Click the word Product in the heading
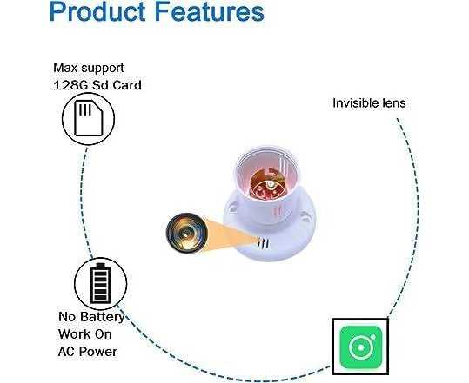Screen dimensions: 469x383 tap(97, 12)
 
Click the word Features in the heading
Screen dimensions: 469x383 tap(210, 11)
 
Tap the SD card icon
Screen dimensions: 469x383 tap(89, 118)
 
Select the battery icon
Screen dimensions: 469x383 tap(101, 284)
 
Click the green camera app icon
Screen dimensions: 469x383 tap(361, 347)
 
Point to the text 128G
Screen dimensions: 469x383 tap(70, 85)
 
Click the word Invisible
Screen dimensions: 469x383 tap(352, 103)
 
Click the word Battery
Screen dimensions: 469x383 tap(102, 317)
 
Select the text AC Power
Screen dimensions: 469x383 tap(88, 352)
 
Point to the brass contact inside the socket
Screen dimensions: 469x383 tap(267, 185)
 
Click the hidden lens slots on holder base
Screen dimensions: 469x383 tap(263, 243)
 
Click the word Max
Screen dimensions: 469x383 tap(66, 68)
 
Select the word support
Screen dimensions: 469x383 tap(103, 69)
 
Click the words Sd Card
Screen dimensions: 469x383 tap(117, 85)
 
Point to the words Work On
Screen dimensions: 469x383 tap(85, 334)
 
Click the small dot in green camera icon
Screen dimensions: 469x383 tap(372, 337)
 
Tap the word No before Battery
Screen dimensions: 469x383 tap(67, 317)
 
